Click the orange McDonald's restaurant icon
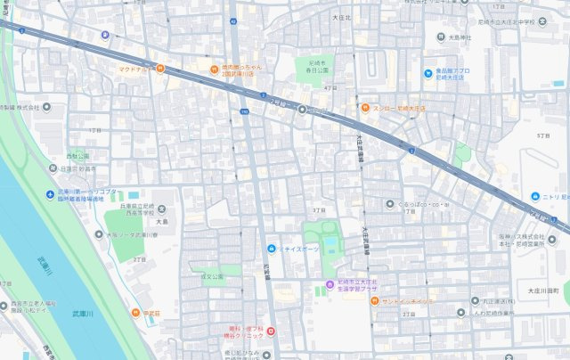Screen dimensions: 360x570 (159, 68)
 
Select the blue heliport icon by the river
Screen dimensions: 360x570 (51, 195)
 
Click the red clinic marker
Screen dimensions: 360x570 (271, 331)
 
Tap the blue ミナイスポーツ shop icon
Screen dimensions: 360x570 (271, 247)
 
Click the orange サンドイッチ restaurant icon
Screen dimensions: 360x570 (373, 301)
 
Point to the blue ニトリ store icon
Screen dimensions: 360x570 (533, 196)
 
